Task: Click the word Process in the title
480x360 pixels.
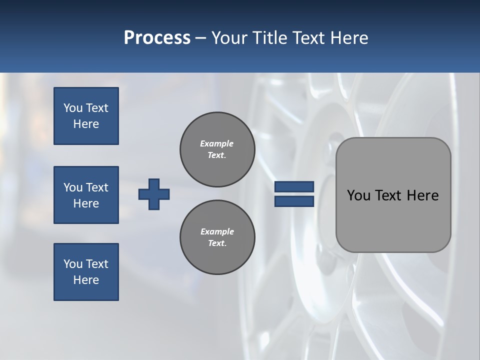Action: (157, 38)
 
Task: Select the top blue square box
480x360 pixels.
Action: (86, 116)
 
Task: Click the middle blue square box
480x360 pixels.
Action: (86, 195)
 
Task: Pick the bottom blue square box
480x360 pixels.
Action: (86, 272)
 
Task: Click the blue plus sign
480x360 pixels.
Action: (154, 194)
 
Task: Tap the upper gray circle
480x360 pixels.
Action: (217, 149)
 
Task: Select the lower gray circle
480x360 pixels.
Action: (217, 237)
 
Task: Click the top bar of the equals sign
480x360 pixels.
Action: (294, 187)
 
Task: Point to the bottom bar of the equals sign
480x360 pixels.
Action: (294, 201)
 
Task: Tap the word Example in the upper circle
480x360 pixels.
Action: (217, 143)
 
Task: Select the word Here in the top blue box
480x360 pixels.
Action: (86, 124)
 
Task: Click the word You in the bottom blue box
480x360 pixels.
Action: (72, 264)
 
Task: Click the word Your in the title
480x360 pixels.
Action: (229, 38)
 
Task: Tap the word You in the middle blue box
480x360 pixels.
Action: (72, 187)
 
